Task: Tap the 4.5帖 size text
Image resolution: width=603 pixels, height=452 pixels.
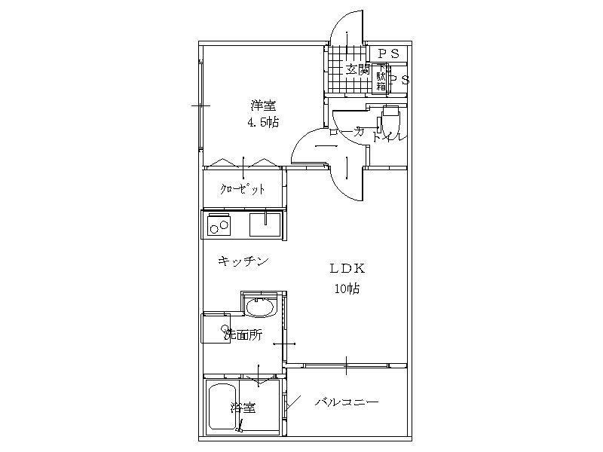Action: coord(262,122)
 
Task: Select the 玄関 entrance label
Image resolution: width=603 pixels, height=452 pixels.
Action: coord(357,69)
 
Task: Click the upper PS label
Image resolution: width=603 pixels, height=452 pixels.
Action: coord(388,53)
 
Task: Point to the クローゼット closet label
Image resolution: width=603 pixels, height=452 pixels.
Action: coord(242,189)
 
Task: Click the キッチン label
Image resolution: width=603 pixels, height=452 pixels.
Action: coord(243,261)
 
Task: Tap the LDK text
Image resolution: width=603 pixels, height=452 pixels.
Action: coord(347,268)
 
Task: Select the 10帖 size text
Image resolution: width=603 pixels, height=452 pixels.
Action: coord(347,289)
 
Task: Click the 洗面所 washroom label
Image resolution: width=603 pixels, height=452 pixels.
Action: coord(242,335)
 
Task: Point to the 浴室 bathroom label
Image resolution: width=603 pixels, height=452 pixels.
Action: coord(243,408)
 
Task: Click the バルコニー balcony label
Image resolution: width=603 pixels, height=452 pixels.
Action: coord(346,402)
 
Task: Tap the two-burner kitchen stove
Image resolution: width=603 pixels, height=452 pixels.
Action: coord(219,224)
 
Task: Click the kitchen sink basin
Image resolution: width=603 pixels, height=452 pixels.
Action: coord(265,223)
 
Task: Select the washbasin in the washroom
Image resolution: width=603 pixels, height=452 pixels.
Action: coord(261,310)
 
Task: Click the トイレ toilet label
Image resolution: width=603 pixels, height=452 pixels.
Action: coord(390,137)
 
